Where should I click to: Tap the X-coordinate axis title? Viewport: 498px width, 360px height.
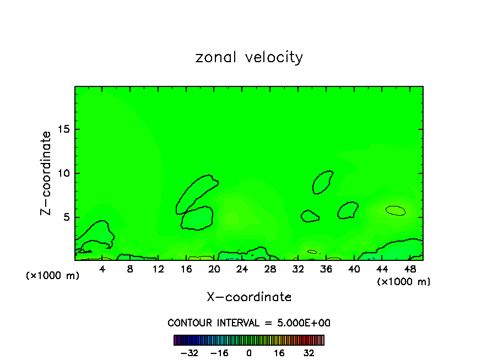click(x=249, y=297)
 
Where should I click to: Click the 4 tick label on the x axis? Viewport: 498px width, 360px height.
click(x=102, y=269)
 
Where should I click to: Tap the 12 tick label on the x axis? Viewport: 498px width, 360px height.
click(x=158, y=269)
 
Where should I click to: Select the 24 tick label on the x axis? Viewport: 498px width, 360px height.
click(x=242, y=269)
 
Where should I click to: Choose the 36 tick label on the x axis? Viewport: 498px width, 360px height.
click(x=326, y=269)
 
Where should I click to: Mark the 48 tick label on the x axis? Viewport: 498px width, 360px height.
click(x=409, y=269)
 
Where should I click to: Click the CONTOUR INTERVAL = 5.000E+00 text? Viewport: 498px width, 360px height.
click(x=249, y=323)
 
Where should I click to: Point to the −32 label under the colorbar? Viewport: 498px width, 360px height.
click(x=190, y=353)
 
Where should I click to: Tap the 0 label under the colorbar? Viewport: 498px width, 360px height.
click(x=249, y=353)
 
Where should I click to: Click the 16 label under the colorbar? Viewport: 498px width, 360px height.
click(x=279, y=353)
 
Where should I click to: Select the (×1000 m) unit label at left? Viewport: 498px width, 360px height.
click(x=53, y=276)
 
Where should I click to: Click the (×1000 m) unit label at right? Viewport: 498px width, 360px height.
click(x=403, y=282)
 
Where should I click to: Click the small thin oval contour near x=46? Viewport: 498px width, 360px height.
click(x=396, y=210)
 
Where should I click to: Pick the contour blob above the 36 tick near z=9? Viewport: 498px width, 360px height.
click(x=322, y=182)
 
